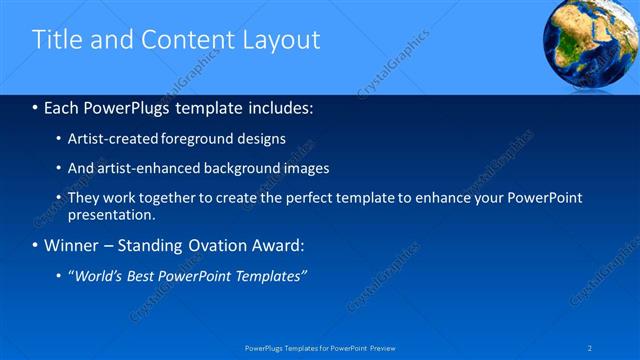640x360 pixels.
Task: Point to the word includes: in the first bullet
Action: point(275,106)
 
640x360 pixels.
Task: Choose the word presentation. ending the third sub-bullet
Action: point(112,214)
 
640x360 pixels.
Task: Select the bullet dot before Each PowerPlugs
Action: point(35,107)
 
